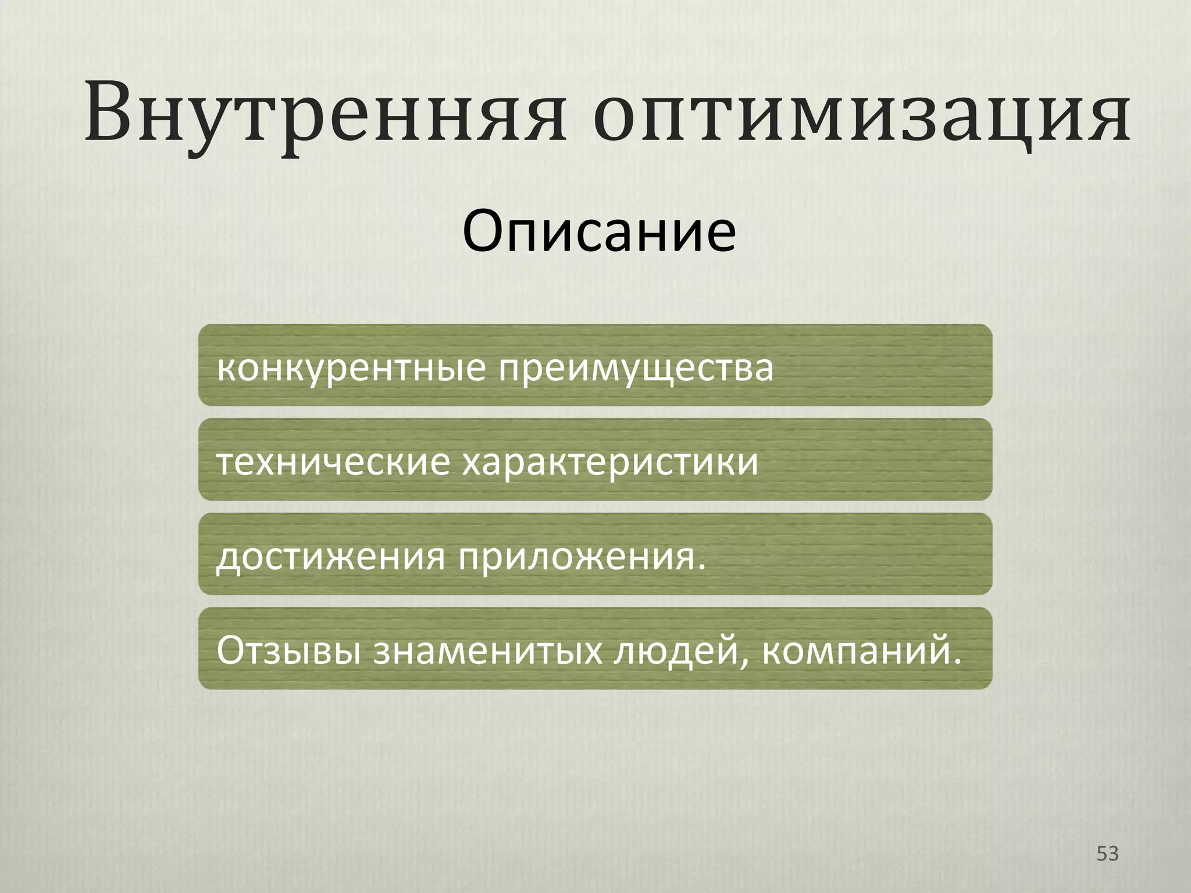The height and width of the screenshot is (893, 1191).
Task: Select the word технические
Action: [x=333, y=463]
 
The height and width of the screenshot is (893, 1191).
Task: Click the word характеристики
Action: [x=610, y=463]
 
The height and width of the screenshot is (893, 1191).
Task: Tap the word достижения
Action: [x=331, y=557]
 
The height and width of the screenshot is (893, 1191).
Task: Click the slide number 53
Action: [x=1107, y=853]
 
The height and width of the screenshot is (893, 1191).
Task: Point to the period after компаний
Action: [x=957, y=662]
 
